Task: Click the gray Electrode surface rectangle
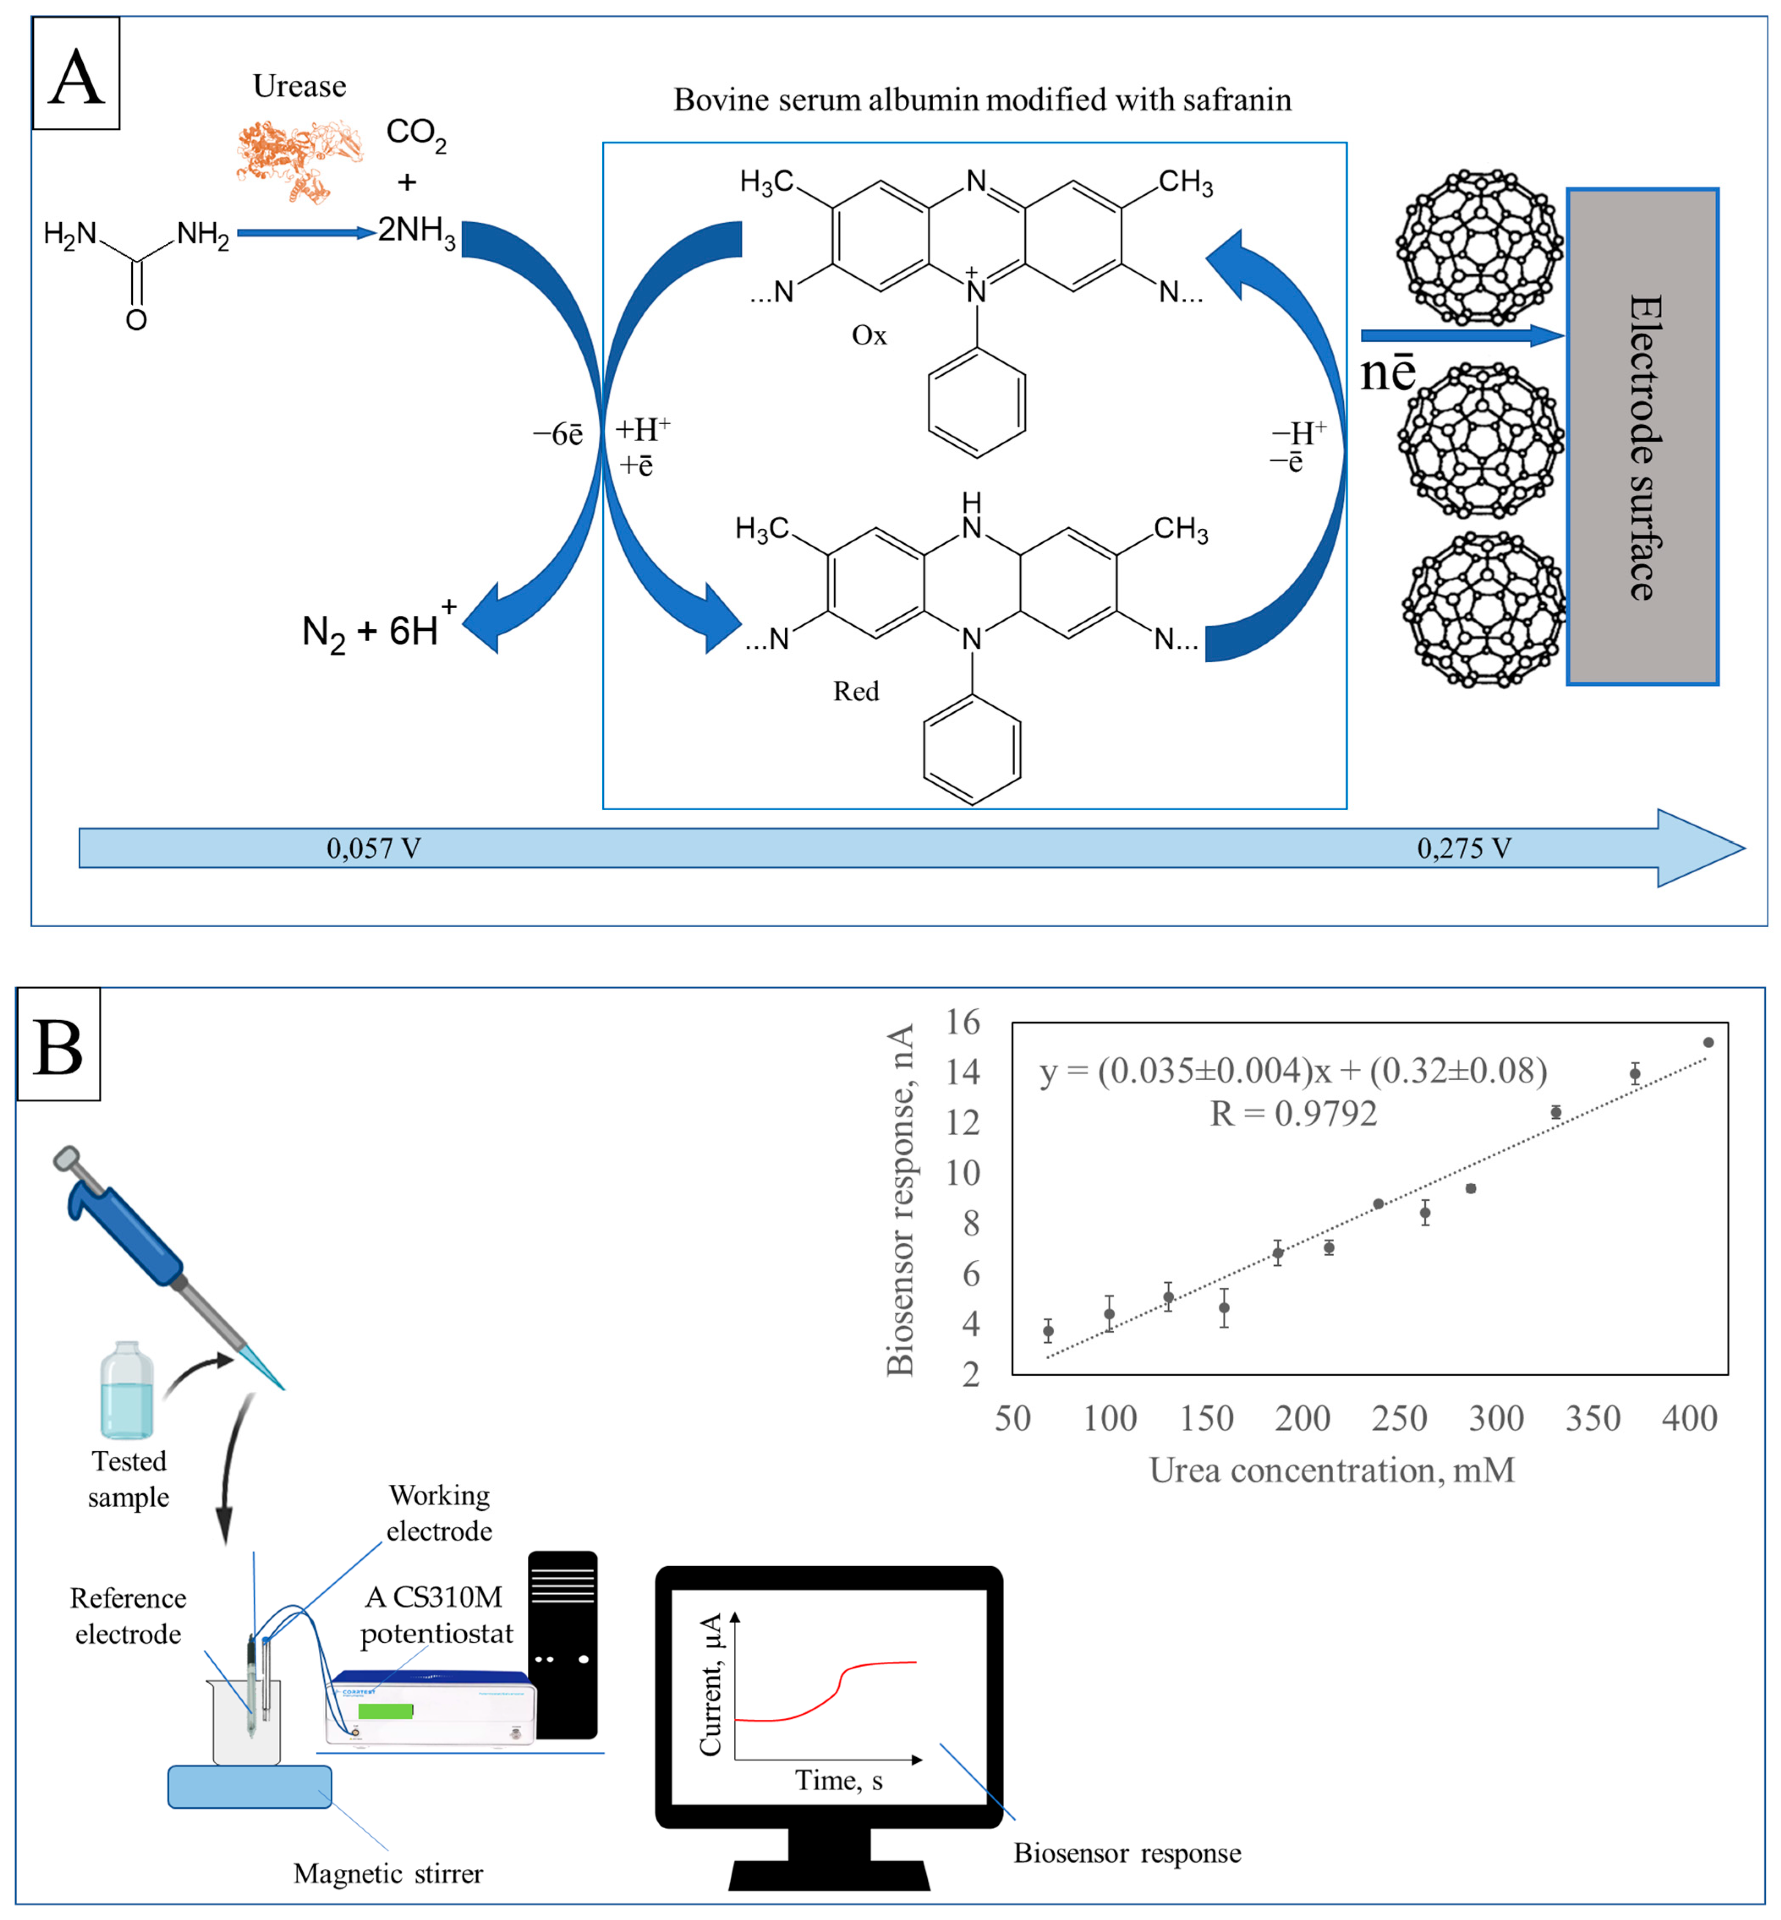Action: point(1642,437)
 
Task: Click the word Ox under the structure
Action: point(869,335)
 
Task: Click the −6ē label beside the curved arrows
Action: point(558,434)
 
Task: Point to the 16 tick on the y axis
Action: point(962,1022)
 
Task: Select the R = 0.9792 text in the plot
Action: point(1293,1114)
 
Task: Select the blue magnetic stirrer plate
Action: point(249,1786)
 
